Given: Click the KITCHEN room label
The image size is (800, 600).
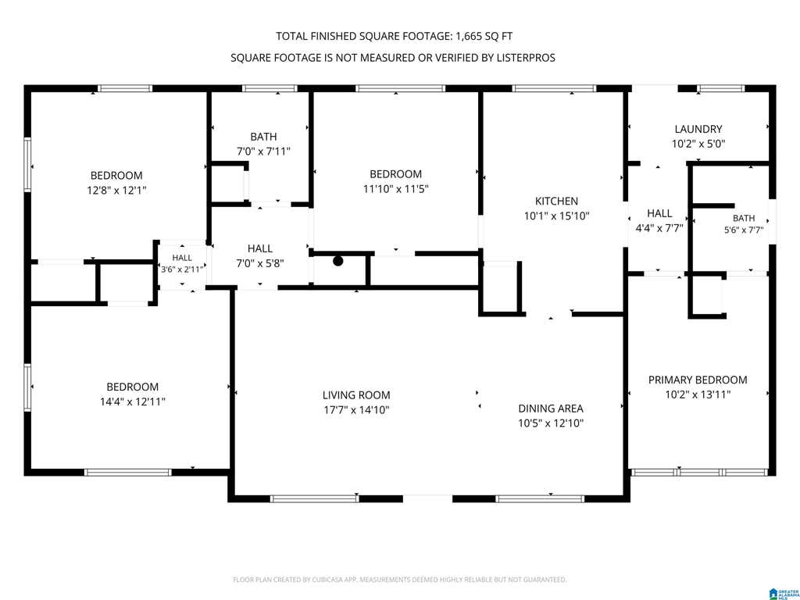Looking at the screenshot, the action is (556, 201).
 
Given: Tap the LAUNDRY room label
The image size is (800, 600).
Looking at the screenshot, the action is (698, 129).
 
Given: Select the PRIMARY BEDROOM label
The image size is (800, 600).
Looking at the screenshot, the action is (698, 380).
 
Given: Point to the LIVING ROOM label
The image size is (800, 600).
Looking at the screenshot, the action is (356, 395).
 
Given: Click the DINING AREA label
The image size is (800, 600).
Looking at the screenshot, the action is (551, 408).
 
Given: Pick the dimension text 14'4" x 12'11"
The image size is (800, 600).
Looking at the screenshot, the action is (133, 402).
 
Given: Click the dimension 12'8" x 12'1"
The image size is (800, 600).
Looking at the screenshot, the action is (117, 191).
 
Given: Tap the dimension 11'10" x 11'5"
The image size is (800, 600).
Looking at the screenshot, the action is (395, 189).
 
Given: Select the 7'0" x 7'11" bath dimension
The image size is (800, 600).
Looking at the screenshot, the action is (264, 152).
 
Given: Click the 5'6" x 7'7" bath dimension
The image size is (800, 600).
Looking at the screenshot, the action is (744, 230).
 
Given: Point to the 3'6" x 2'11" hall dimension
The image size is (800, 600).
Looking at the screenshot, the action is (182, 270).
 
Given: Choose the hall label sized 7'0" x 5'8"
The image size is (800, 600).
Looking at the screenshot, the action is (259, 248).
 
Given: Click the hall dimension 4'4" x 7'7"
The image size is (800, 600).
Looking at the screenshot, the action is (659, 228).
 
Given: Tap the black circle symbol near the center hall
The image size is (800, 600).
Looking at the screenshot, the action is (337, 261).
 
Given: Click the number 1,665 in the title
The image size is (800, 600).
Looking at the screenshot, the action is (469, 36).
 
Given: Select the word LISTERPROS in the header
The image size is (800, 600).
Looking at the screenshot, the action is (526, 58).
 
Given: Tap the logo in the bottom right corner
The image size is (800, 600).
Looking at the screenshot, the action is (784, 594).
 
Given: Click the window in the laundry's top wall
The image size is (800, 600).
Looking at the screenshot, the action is (721, 89).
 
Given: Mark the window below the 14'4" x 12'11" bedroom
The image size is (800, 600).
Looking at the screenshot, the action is (128, 473).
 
